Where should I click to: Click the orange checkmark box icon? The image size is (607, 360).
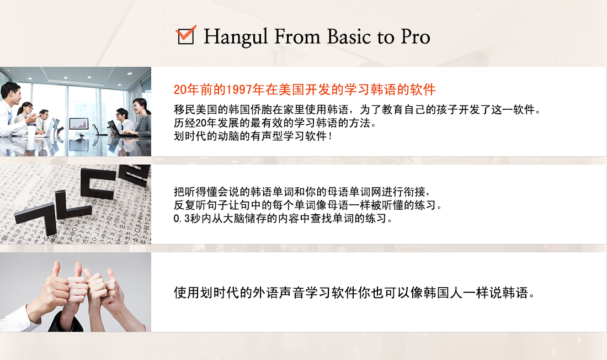(186, 35)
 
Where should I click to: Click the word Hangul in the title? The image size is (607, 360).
(236, 37)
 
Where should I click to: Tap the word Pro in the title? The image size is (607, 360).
(416, 36)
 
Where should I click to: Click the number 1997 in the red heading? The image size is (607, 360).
(239, 89)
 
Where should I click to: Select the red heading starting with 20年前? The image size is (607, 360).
(305, 89)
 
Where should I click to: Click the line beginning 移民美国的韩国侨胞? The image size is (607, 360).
(356, 110)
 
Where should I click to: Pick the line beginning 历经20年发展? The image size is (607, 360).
(275, 123)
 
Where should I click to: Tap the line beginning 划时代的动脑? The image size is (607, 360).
(253, 136)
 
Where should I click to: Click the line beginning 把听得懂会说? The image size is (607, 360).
(301, 192)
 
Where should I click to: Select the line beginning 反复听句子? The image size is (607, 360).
(308, 205)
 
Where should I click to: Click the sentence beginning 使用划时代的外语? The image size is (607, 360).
(354, 293)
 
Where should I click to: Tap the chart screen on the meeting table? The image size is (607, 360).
(78, 124)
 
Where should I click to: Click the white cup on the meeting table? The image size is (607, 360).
(31, 131)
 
